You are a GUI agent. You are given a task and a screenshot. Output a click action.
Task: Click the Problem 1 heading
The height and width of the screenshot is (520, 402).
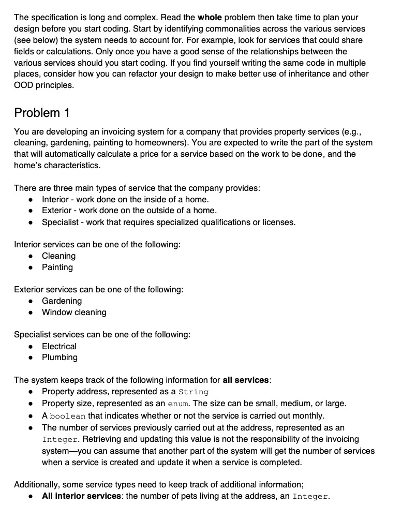tap(42, 113)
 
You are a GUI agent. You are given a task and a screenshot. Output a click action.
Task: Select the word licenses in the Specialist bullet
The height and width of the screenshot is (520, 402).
tap(278, 222)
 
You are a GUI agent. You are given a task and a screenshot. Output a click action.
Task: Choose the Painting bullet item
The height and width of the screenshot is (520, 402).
tap(57, 267)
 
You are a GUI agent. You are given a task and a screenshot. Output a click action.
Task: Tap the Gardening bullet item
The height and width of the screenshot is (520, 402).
tap(62, 301)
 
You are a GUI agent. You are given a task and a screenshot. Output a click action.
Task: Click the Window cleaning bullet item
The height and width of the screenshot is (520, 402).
tap(74, 312)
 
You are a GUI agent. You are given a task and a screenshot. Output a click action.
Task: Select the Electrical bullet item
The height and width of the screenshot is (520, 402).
tap(59, 346)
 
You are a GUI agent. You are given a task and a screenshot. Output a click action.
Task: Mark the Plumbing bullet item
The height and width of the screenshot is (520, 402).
tap(59, 357)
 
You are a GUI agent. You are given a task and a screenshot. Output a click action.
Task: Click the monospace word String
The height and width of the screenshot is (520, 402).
tap(193, 392)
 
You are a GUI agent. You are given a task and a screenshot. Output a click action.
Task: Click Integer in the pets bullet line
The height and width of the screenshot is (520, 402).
tap(310, 497)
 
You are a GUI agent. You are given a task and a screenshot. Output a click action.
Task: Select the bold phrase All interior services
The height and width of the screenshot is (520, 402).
tap(81, 496)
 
